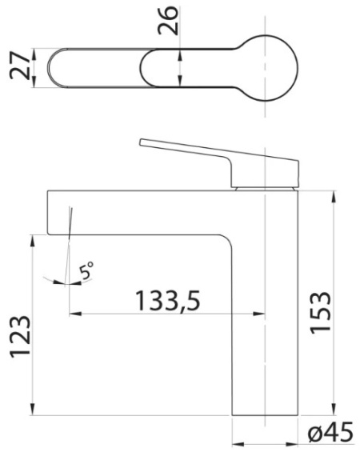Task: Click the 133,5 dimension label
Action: point(168,301)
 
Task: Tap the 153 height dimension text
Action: point(320,313)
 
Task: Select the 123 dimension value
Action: point(20,338)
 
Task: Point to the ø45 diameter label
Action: point(330,431)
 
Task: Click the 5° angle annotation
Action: point(86,270)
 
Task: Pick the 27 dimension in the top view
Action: point(20,66)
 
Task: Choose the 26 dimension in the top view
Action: point(168,21)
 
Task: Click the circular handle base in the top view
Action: point(297,68)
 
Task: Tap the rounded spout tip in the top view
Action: point(49,68)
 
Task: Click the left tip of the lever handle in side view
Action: point(140,142)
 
